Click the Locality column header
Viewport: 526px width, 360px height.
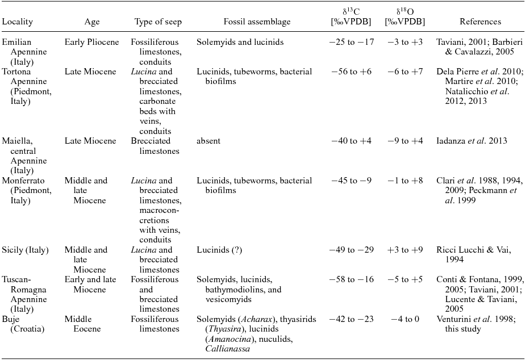18,22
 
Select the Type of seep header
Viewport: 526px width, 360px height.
158,22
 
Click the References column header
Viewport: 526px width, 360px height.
480,22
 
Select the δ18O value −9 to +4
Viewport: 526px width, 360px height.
404,141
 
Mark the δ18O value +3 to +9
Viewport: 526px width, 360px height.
404,250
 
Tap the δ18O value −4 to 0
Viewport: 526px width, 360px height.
404,319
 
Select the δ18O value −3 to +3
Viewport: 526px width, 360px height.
404,43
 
